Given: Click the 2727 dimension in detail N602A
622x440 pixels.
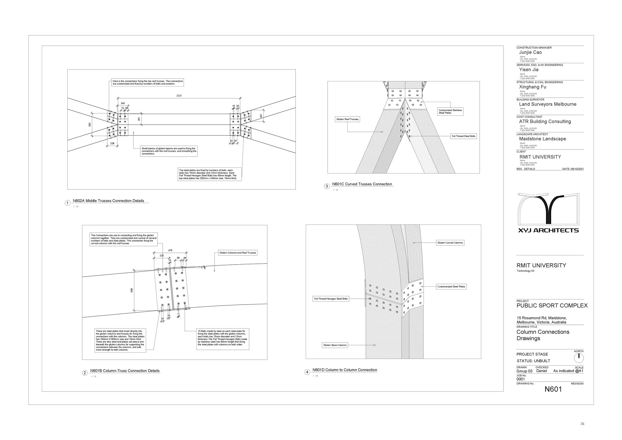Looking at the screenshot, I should click(179, 96).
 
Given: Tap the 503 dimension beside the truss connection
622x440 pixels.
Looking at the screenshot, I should click(90, 125).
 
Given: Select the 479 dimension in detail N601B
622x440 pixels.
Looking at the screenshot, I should click(170, 250).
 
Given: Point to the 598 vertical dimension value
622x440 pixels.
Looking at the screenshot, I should click(132, 290).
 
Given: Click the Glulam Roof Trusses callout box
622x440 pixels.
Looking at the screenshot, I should click(347, 119).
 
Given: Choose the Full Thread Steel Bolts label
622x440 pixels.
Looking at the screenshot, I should click(463, 136).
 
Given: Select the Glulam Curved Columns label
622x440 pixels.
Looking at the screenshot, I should click(450, 243).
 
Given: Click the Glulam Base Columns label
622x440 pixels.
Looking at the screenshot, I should click(335, 345).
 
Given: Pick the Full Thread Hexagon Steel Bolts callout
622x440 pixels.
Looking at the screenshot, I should click(331, 299).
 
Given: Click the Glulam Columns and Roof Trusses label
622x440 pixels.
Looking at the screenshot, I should click(238, 253).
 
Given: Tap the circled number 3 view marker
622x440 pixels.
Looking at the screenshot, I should click(327, 186).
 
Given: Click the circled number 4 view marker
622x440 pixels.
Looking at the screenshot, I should click(307, 372).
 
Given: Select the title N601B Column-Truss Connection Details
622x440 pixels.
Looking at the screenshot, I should click(125, 371).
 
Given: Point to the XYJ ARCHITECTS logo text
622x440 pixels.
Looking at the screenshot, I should click(548, 230).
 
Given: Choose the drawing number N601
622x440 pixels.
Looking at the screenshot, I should click(553, 389).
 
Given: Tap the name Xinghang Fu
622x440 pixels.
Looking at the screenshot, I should click(532, 87).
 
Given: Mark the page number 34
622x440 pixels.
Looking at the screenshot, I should click(582, 424).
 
